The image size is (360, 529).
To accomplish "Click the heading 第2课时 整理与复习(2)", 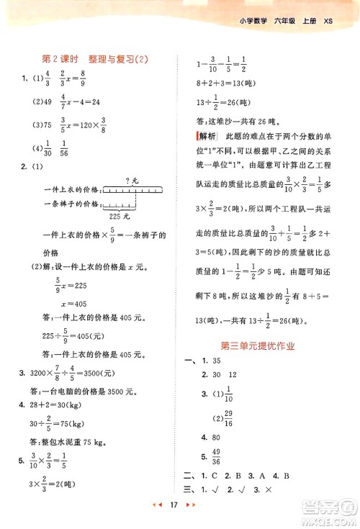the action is [x=100, y=60].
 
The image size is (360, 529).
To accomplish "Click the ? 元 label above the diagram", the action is [x=132, y=180].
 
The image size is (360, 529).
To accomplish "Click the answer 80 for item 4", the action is [x=215, y=437].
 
